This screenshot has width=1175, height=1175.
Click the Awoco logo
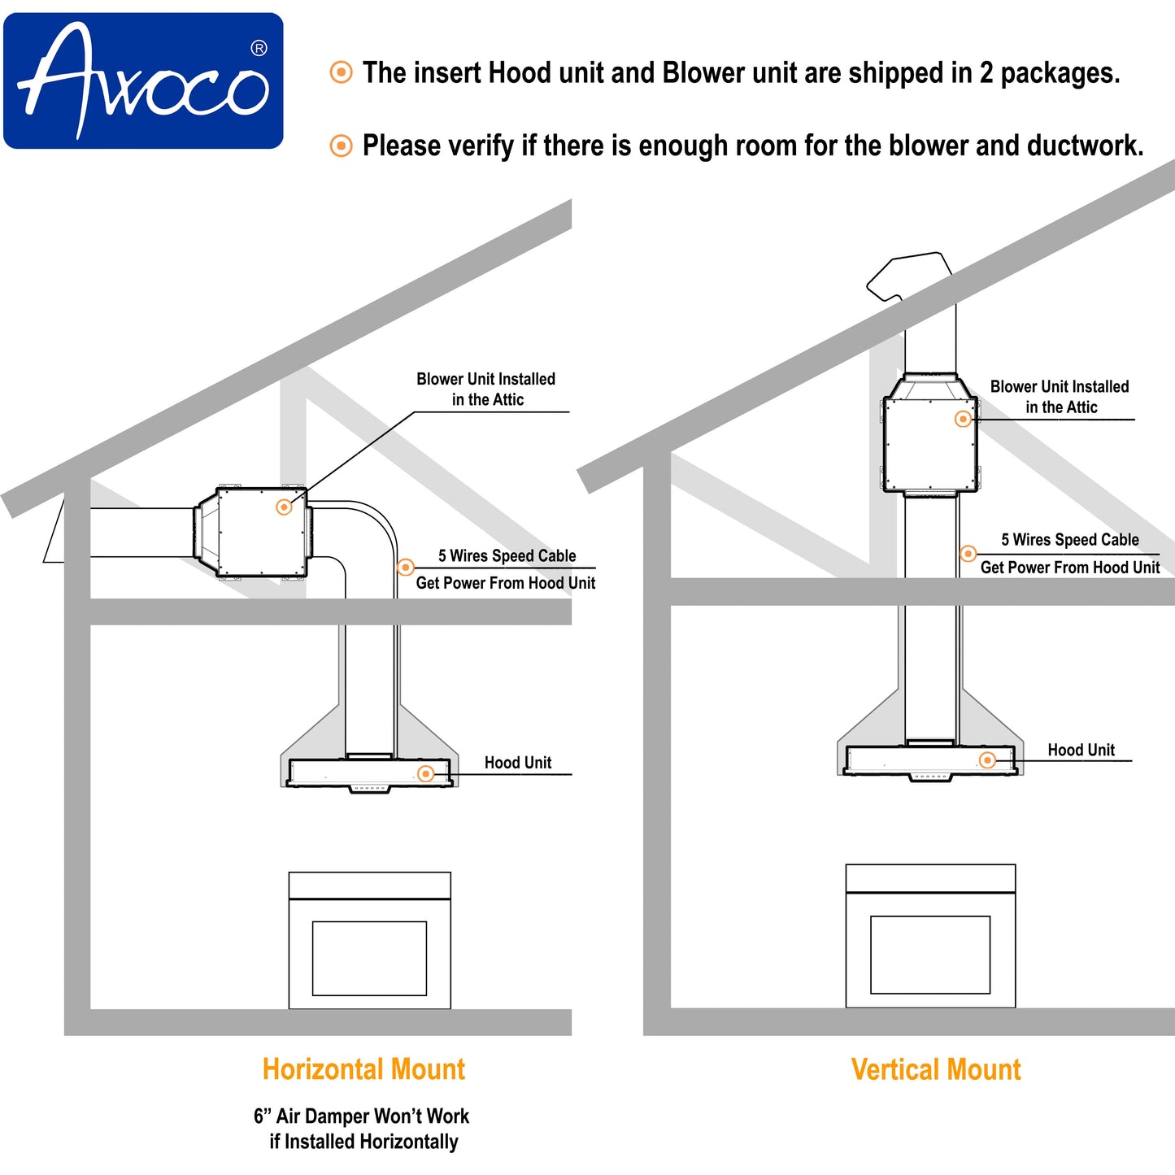click(143, 81)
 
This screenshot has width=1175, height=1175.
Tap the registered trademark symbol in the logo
click(259, 49)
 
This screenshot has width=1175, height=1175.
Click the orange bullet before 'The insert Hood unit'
click(341, 72)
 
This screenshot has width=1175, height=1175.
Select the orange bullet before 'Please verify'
click(341, 146)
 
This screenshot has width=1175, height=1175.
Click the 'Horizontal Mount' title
click(363, 1068)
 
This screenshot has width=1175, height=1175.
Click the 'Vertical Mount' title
click(936, 1068)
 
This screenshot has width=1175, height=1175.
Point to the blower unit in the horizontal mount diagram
click(252, 533)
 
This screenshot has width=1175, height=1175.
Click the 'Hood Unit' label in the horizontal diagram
click(518, 763)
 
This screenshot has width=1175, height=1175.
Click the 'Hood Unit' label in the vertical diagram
click(1081, 750)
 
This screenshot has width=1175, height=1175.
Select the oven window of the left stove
click(369, 958)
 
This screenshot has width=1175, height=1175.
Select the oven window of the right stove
click(930, 955)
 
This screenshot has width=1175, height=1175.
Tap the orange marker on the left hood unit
click(425, 773)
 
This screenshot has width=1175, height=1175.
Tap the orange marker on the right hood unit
click(987, 760)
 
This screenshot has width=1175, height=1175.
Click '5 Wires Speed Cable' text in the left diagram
click(507, 556)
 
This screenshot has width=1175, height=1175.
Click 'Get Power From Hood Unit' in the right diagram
click(1070, 568)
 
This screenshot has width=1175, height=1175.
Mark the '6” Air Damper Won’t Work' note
click(362, 1116)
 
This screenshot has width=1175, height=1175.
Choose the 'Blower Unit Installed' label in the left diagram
click(486, 380)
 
